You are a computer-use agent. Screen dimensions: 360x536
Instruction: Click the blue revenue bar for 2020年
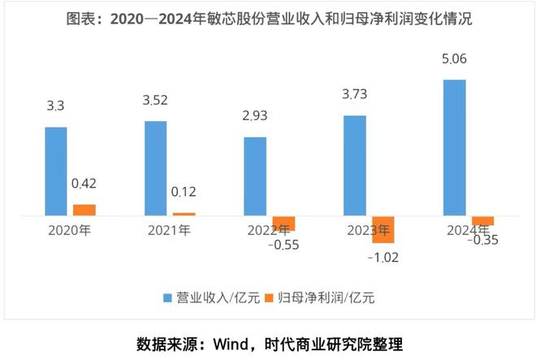pyautogui.click(x=56, y=171)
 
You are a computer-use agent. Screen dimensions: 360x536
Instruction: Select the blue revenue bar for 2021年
pyautogui.click(x=155, y=168)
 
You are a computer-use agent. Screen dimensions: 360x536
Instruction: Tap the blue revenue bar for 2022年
pyautogui.click(x=255, y=176)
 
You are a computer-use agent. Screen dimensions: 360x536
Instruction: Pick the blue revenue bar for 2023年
pyautogui.click(x=355, y=166)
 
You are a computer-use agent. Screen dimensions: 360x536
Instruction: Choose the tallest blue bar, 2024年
pyautogui.click(x=455, y=148)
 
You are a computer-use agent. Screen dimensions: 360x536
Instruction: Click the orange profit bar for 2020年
pyautogui.click(x=84, y=210)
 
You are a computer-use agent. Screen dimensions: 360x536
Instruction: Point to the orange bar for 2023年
pyautogui.click(x=383, y=230)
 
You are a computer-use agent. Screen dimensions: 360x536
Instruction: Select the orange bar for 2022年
pyautogui.click(x=283, y=223)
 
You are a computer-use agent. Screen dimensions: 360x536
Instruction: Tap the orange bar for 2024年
pyautogui.click(x=482, y=221)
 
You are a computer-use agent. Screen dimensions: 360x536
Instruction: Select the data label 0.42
pyautogui.click(x=84, y=184)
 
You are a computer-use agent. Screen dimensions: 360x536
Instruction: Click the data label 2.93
pyautogui.click(x=255, y=116)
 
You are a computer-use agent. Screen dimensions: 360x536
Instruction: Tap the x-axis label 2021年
pyautogui.click(x=169, y=230)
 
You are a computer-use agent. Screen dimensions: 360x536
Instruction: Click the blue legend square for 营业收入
pyautogui.click(x=168, y=297)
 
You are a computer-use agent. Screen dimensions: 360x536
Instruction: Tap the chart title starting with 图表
pyautogui.click(x=268, y=19)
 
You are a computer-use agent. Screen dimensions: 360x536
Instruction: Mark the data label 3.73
pyautogui.click(x=355, y=95)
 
